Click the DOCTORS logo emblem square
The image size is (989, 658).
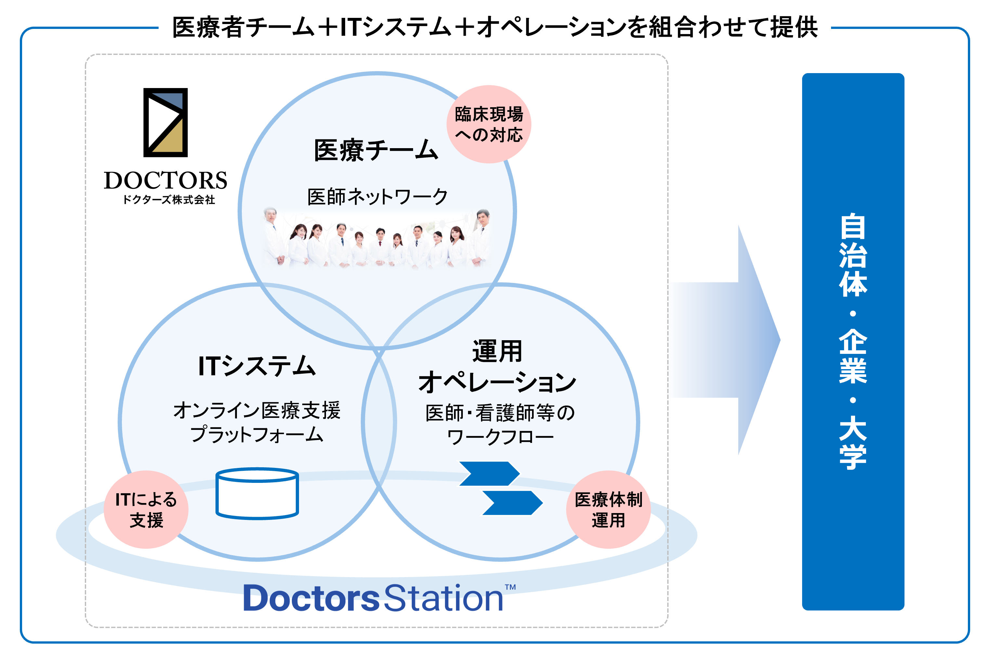click(165, 122)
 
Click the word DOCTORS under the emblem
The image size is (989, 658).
click(165, 180)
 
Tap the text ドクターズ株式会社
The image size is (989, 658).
click(169, 200)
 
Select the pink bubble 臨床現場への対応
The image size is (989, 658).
click(488, 124)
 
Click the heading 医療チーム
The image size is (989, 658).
click(376, 150)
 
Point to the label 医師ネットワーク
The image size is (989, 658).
click(377, 196)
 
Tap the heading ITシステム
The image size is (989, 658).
click(256, 366)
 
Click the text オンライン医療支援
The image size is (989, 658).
click(256, 410)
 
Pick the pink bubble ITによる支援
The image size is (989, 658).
click(146, 509)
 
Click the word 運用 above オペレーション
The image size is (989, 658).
click(497, 351)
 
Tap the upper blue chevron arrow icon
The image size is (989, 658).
click(489, 473)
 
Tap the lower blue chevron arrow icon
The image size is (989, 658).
click(512, 502)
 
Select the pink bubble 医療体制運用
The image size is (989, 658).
click(608, 509)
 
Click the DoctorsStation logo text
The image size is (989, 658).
click(372, 598)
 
